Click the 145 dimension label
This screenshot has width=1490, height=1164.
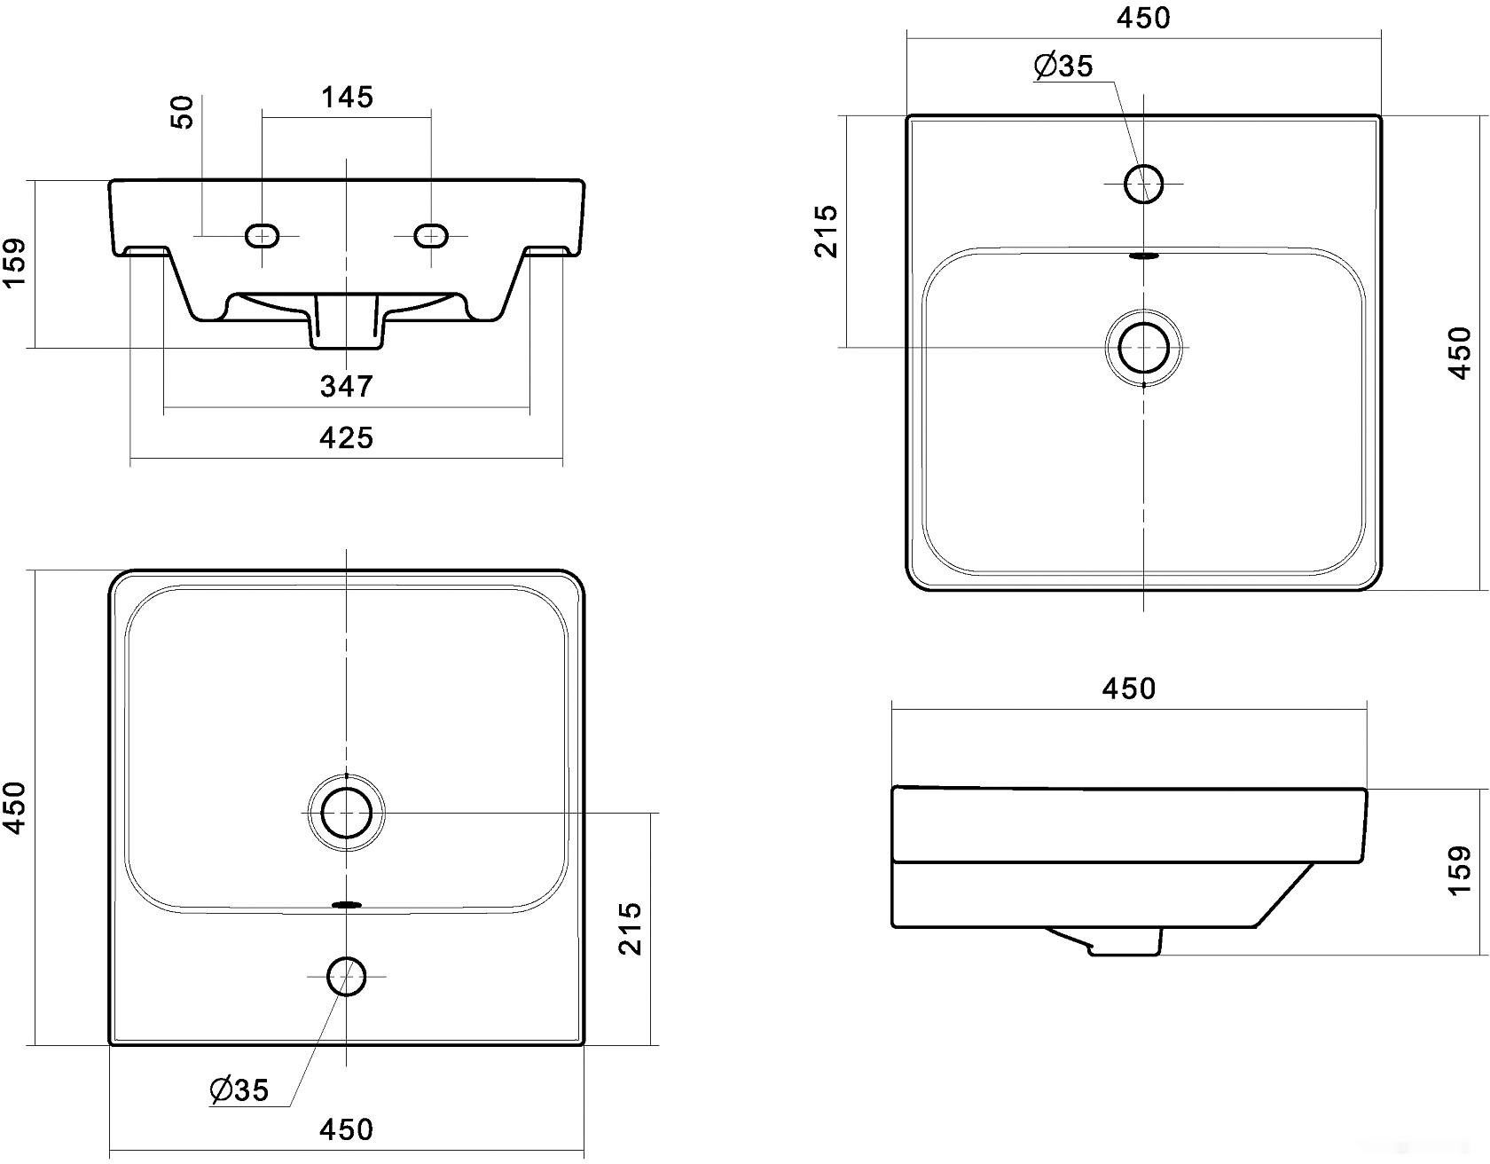coord(347,97)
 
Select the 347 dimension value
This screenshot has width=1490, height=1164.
coord(347,386)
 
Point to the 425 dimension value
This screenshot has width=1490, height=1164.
coord(347,437)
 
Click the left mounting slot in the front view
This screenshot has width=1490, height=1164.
coord(262,236)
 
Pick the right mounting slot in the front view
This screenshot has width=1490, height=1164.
coord(431,236)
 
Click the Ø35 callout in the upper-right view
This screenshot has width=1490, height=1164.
coord(1063,66)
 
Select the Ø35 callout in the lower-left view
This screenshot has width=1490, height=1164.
coord(239,1089)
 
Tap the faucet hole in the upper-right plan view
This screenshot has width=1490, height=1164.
coord(1143,184)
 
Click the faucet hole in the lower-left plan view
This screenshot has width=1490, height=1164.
coord(346,977)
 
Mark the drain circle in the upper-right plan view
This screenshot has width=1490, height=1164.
coord(1143,347)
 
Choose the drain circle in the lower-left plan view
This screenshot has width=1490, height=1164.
coord(346,813)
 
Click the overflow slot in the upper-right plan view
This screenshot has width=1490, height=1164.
coord(1143,256)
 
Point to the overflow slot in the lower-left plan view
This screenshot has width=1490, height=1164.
coord(346,905)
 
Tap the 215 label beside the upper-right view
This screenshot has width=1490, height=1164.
coord(826,232)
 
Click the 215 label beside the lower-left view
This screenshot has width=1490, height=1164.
coord(630,928)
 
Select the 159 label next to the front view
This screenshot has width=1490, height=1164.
coord(14,263)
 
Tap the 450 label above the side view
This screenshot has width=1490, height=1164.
coord(1129,688)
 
